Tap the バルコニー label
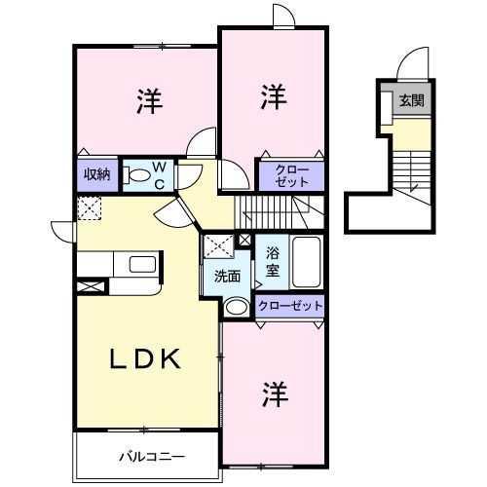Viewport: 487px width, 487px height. tap(152, 454)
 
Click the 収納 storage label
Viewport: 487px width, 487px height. tap(95, 175)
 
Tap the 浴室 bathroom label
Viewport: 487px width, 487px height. tap(273, 260)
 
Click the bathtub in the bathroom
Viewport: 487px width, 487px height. tap(306, 261)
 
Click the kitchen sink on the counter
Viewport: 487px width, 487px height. tap(138, 264)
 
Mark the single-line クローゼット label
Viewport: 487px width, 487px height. tap(289, 306)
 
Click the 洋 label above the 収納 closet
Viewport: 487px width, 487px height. tap(148, 99)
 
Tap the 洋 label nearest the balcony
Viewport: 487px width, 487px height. tap(273, 394)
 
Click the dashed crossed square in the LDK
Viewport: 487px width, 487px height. tap(90, 207)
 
